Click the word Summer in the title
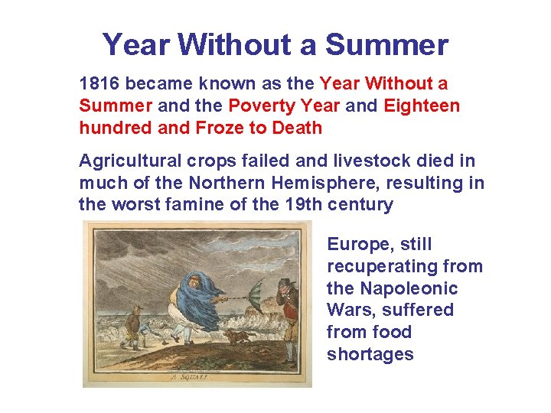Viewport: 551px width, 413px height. coord(386,45)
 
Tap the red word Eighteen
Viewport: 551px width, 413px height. coord(422,106)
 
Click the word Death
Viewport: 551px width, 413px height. coord(295,128)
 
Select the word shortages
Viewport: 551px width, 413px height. coord(370,354)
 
